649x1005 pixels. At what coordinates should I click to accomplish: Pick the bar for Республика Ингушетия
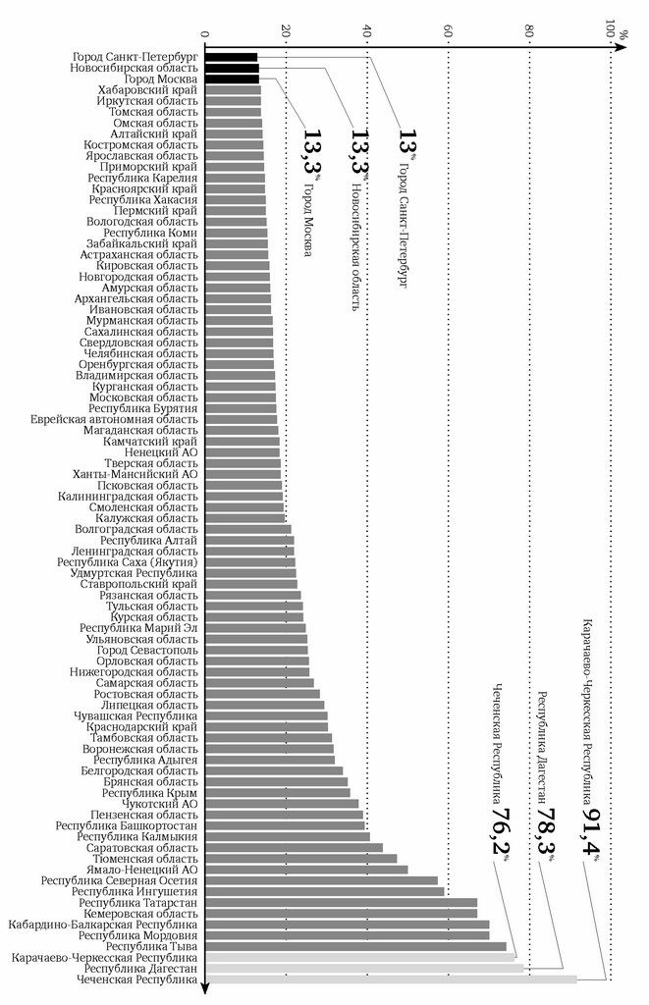(324, 891)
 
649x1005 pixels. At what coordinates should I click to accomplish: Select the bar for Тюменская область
(300, 858)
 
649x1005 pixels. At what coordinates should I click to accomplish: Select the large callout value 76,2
(500, 832)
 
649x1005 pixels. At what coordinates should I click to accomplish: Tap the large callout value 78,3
(544, 832)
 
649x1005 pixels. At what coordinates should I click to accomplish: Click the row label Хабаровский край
(148, 90)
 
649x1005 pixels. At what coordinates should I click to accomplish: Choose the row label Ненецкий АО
(161, 452)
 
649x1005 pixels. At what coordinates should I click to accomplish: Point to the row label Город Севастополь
(147, 650)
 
